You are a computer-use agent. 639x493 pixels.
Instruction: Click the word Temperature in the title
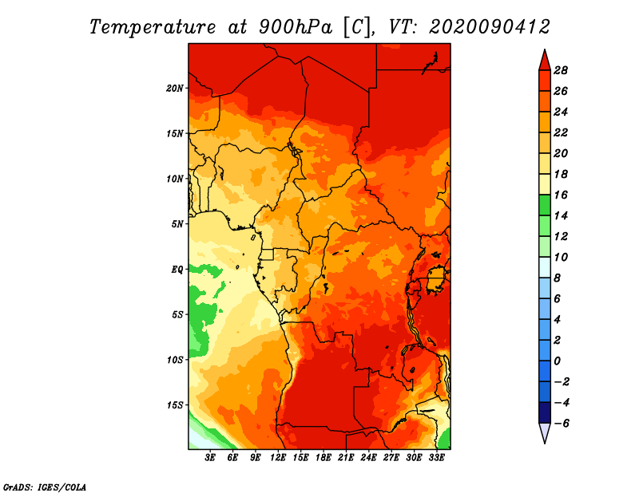(153, 27)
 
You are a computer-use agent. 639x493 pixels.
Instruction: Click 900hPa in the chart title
(295, 27)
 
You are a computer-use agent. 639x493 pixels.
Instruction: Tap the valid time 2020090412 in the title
(490, 27)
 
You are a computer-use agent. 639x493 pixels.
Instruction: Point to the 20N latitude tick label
(175, 89)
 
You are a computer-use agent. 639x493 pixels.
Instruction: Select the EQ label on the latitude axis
(177, 270)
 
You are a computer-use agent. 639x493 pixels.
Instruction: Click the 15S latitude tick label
(175, 405)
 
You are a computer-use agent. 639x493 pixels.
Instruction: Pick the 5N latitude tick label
(177, 224)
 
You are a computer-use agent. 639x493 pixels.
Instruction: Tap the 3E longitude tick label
(210, 457)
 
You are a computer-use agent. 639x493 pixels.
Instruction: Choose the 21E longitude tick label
(346, 457)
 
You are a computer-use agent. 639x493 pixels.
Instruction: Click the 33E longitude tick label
(436, 457)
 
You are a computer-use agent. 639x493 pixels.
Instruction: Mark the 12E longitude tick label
(278, 457)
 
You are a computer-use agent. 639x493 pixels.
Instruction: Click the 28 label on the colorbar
(561, 70)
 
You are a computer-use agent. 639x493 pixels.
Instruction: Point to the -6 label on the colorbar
(561, 424)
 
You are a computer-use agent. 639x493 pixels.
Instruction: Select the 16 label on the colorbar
(561, 195)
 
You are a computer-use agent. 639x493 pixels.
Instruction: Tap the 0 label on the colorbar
(557, 361)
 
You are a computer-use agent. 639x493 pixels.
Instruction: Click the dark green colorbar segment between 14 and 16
(545, 205)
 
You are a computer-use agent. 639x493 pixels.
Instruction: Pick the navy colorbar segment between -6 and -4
(545, 412)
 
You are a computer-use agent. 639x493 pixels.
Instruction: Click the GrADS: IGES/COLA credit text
(45, 487)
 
